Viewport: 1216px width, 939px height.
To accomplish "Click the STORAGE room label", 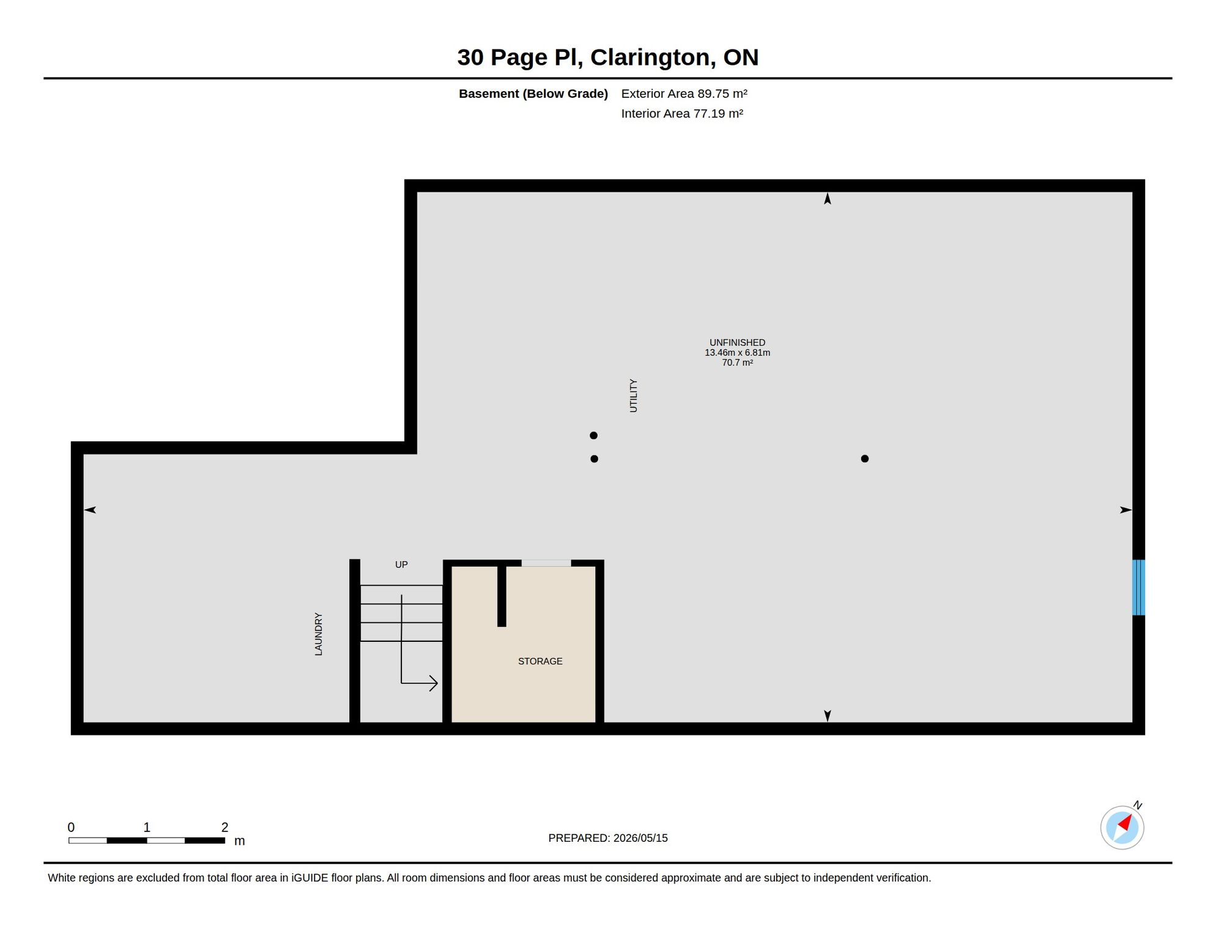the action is [x=540, y=661].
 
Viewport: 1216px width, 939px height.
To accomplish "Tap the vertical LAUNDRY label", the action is [x=319, y=635].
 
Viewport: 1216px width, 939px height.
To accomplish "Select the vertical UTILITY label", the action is [x=634, y=396].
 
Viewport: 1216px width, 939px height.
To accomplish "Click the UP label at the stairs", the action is [x=401, y=565].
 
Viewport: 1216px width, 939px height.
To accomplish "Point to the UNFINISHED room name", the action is [x=737, y=343].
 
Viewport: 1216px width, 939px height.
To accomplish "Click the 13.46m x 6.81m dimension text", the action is [x=737, y=353].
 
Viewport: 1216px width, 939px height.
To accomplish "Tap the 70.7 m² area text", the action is [x=737, y=363].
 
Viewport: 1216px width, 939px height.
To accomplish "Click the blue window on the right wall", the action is [x=1138, y=587].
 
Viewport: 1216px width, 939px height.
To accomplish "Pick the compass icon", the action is [x=1122, y=828].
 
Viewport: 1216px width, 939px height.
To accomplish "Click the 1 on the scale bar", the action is [x=147, y=828].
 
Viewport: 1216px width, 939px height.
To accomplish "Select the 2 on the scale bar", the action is [x=224, y=828].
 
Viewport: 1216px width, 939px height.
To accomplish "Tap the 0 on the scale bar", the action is [x=71, y=828].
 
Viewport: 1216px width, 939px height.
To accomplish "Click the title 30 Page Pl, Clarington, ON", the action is [x=608, y=57].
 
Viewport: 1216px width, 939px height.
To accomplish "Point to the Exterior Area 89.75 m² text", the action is [x=684, y=94].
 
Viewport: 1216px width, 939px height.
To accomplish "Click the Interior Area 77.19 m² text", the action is [x=682, y=114].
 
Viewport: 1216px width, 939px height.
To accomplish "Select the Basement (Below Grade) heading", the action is [x=533, y=94].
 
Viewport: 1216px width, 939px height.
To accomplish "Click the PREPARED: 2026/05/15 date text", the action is [x=608, y=838].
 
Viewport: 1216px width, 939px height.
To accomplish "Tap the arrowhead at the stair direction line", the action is [x=434, y=683].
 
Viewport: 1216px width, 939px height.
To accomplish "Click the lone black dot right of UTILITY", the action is [x=865, y=458].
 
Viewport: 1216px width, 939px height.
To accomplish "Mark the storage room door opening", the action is [x=546, y=563].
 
